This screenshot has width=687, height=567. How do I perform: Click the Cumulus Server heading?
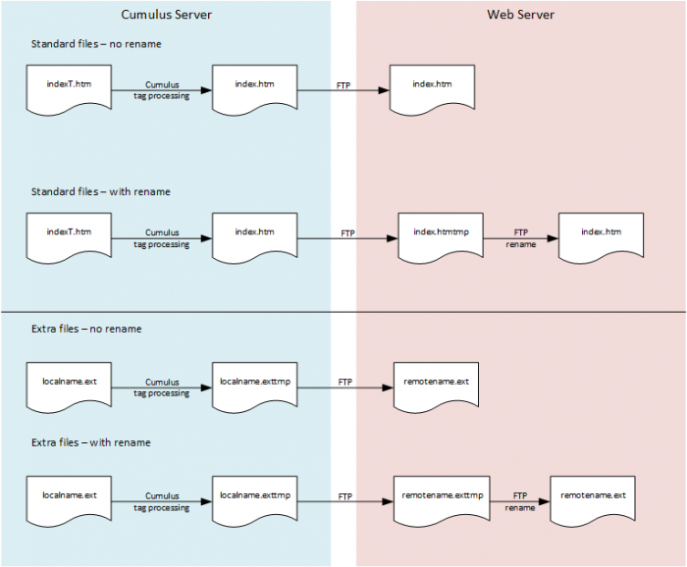[166, 15]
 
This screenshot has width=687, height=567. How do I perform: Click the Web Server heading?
[520, 15]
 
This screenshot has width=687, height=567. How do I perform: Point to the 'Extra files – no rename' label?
[86, 329]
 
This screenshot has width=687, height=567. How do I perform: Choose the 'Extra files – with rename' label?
[91, 442]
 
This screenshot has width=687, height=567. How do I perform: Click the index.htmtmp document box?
[441, 236]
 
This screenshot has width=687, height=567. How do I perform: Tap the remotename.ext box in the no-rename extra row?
[436, 385]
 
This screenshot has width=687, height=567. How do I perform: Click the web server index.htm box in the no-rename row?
[433, 88]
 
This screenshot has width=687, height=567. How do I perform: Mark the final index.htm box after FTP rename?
[600, 236]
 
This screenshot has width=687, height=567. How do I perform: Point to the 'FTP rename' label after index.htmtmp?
[521, 238]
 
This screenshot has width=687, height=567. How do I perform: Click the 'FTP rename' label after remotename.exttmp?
[520, 502]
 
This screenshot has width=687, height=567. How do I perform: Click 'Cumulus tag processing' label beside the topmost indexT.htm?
[162, 90]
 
